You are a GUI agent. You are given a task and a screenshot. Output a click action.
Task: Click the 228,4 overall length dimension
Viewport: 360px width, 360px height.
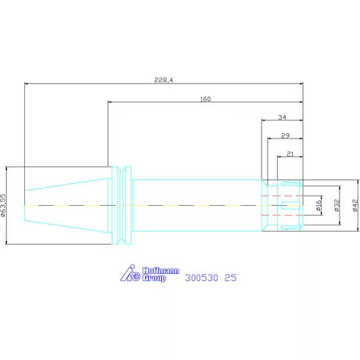tap(164, 80)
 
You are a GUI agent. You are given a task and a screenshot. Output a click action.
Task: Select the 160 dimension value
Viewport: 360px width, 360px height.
tap(205, 99)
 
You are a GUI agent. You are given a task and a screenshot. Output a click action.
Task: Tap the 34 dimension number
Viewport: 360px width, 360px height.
tap(282, 117)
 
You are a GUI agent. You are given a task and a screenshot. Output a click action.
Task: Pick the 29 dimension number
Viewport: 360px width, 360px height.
tap(285, 135)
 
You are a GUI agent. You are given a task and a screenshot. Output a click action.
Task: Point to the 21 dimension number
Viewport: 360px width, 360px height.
tap(290, 154)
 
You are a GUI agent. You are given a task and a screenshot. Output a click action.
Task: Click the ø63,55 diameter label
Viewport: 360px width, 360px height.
tap(3, 205)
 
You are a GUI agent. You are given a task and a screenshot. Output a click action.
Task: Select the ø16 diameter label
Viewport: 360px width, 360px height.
tap(319, 205)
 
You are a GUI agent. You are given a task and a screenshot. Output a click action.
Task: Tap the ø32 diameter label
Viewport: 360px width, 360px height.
tap(337, 205)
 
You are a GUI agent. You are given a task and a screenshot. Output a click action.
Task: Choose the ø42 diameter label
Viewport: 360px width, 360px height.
tap(355, 205)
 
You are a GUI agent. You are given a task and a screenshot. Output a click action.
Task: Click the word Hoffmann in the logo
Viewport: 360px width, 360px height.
tap(160, 271)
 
